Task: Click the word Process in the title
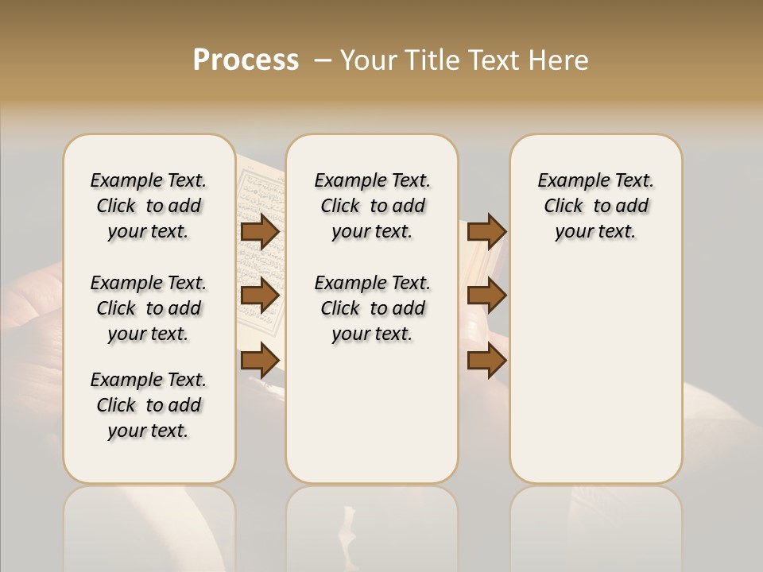246,60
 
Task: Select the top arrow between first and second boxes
260,231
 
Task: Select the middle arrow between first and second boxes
260,296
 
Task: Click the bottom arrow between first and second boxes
260,361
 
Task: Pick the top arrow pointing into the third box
486,231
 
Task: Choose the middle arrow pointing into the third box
486,296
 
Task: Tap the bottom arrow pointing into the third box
486,361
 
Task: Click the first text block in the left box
149,206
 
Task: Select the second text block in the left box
149,308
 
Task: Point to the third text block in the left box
149,405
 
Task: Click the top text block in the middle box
372,206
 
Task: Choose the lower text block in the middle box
372,308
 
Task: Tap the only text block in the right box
595,206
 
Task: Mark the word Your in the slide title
369,60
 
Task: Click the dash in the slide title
323,60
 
